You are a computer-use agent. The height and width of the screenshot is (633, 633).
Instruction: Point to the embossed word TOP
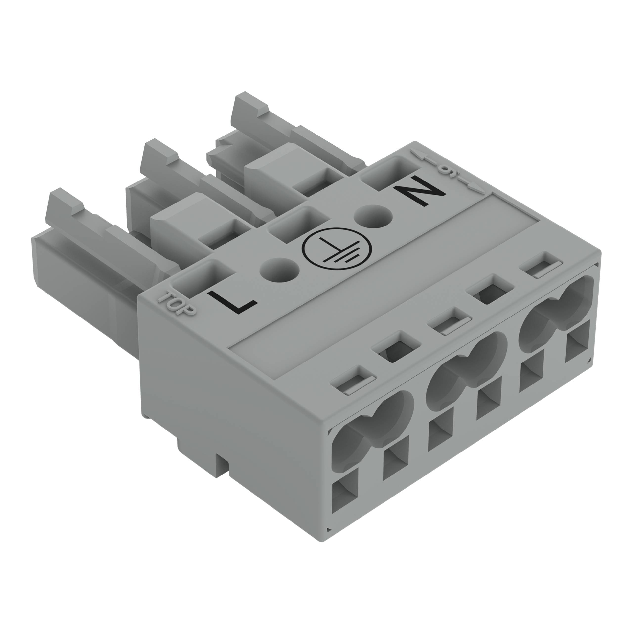pyautogui.click(x=177, y=303)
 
